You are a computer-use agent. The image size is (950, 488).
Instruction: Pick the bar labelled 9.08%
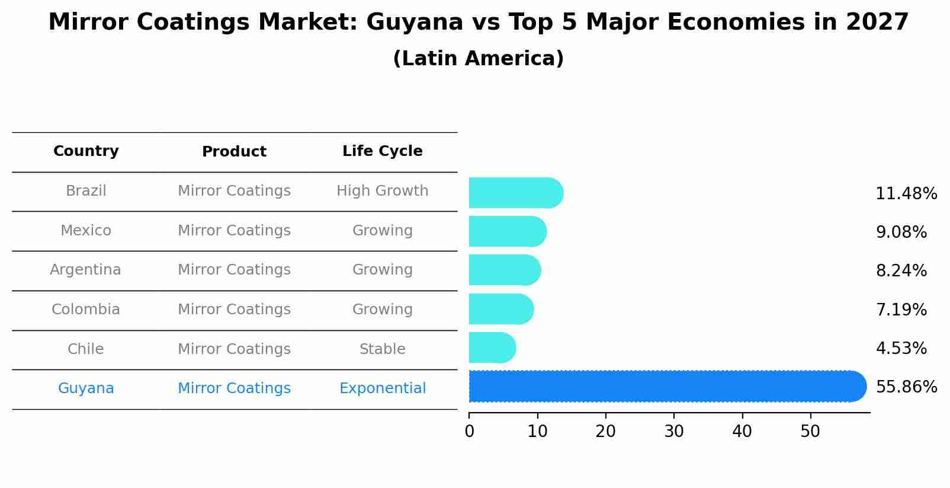click(507, 231)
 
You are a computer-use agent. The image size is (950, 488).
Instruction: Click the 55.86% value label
click(906, 387)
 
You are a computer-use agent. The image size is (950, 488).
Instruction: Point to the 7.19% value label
click(901, 310)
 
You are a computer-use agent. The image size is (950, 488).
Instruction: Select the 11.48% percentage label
click(906, 194)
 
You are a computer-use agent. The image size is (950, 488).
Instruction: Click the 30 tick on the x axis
click(674, 432)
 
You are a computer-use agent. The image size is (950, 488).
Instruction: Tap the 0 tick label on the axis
click(469, 432)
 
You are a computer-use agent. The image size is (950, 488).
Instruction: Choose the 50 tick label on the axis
click(810, 432)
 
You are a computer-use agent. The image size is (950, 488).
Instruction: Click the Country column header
click(86, 151)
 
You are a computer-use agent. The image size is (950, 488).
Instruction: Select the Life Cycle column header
click(382, 151)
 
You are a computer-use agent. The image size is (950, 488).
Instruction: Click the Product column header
click(234, 152)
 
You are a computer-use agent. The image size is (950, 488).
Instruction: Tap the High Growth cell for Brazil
click(382, 191)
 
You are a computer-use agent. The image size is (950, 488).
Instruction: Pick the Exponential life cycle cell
click(382, 388)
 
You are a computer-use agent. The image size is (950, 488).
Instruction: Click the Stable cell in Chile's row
click(382, 349)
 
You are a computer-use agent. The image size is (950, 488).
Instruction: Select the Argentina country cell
click(85, 270)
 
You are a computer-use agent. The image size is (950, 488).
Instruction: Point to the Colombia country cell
click(85, 310)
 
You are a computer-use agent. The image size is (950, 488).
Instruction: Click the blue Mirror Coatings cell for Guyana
click(234, 388)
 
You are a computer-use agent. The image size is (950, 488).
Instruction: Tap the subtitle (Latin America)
click(478, 59)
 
